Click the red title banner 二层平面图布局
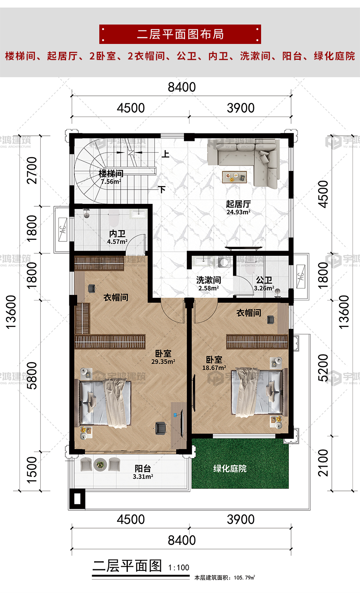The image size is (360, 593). coord(180,34)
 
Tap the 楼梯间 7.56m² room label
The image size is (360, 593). coord(111,177)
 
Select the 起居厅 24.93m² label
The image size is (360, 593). coord(238,207)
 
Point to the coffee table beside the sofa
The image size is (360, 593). coord(234,177)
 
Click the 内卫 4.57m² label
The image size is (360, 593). coord(117,237)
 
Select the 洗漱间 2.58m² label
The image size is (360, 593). coord(208,284)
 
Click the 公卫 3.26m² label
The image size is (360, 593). coord(264,284)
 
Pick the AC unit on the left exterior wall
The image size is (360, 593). coord(63,230)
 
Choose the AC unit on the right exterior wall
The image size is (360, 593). coord(301,276)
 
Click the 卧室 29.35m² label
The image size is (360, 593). coord(163,357)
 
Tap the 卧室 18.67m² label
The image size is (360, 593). coord(214,363)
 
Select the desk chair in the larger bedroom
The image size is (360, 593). coord(161,428)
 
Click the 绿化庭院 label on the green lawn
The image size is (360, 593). coord(230,469)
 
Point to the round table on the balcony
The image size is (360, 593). coord(100,465)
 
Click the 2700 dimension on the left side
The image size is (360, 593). coord(32,170)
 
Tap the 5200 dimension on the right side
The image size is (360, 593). coord(323,368)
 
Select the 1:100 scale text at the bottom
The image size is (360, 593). coord(178,568)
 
